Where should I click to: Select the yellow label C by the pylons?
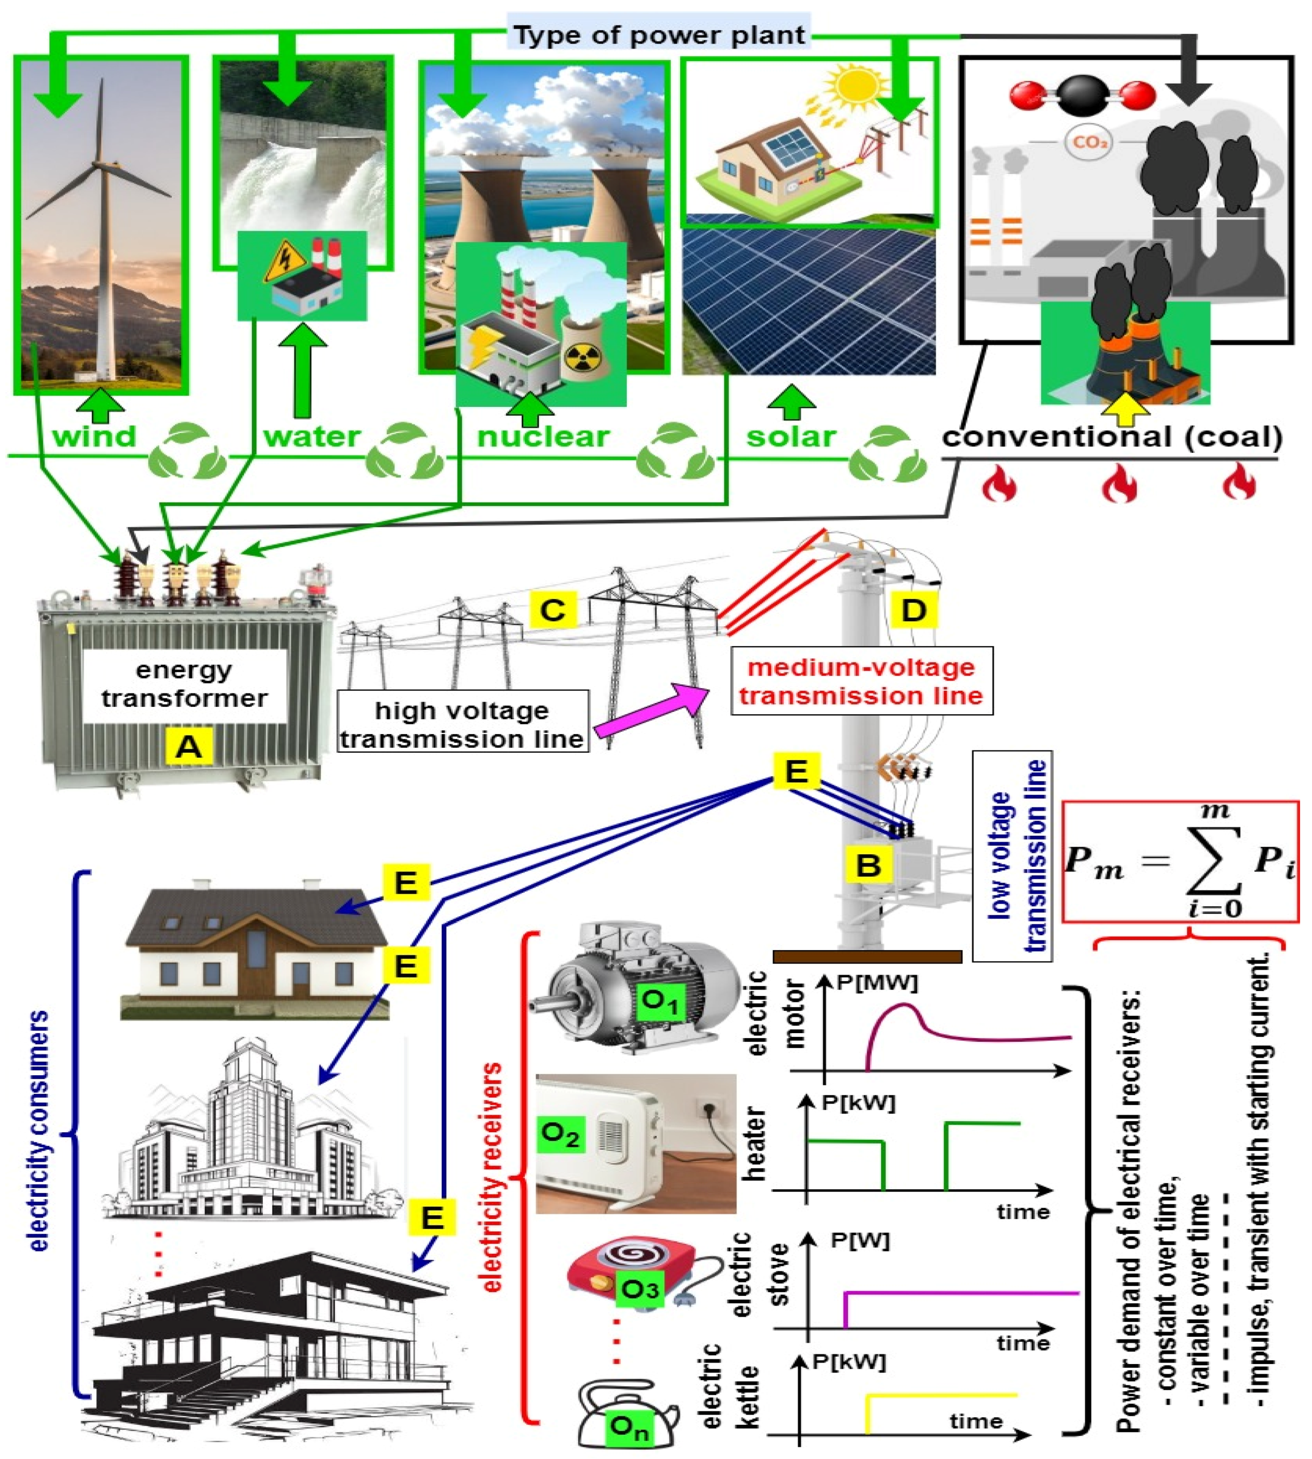pyautogui.click(x=553, y=610)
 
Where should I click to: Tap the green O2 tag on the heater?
pyautogui.click(x=560, y=1135)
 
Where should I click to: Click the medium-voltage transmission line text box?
pyautogui.click(x=861, y=681)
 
